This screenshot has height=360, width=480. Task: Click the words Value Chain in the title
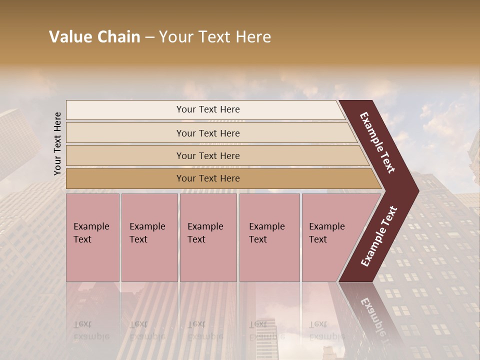pos(94,37)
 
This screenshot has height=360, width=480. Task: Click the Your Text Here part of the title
pos(215,37)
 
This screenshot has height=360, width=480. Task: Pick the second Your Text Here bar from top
pos(208,133)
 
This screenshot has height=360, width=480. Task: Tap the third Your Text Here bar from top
pos(208,155)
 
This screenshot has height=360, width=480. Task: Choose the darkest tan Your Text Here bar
pos(208,178)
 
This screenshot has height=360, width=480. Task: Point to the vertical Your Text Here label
pos(57,144)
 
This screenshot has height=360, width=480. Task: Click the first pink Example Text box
pos(92,237)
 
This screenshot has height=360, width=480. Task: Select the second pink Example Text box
pos(149,237)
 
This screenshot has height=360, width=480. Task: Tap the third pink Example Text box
pos(207,237)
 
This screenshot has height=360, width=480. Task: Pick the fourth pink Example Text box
pos(269,237)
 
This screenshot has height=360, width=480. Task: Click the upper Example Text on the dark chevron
pos(378,142)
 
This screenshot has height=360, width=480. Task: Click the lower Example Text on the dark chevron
pos(379,236)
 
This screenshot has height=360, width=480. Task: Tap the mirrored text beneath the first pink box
pos(91,330)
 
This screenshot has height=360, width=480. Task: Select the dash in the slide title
pos(149,37)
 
